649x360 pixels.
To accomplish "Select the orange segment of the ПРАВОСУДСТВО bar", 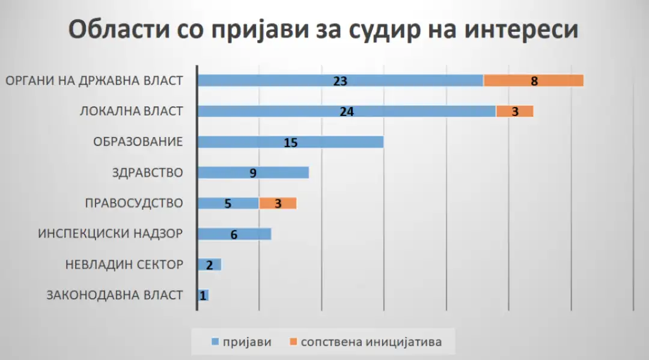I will click(278, 203).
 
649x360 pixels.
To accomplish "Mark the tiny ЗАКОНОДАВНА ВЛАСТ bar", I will click(203, 295).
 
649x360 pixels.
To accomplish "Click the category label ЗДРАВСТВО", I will click(147, 172).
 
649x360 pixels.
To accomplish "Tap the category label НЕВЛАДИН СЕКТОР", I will click(123, 264).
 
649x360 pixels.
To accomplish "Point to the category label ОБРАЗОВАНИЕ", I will click(138, 142).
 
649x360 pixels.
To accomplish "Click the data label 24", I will click(346, 111).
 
